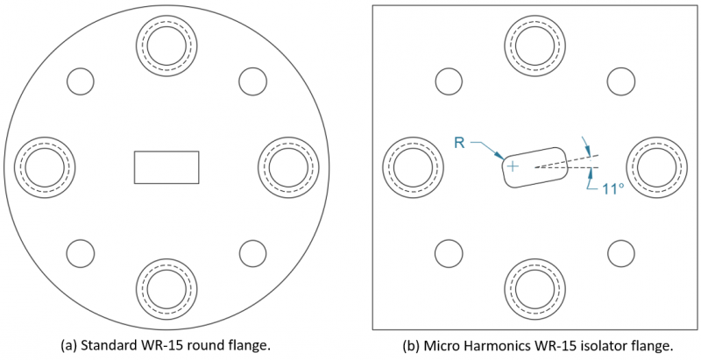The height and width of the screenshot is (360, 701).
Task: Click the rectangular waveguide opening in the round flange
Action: (166, 167)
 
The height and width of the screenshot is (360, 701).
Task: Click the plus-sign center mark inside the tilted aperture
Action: (513, 166)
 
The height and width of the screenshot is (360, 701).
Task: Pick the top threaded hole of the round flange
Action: (166, 44)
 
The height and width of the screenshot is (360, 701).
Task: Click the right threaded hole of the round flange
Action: (287, 166)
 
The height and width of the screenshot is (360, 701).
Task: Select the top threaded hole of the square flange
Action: (535, 44)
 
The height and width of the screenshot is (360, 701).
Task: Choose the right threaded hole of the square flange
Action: (656, 166)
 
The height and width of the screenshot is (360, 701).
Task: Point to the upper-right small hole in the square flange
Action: (621, 81)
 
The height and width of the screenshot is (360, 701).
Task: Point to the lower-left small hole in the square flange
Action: (449, 253)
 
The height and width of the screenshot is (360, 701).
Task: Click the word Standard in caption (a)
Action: (109, 345)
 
